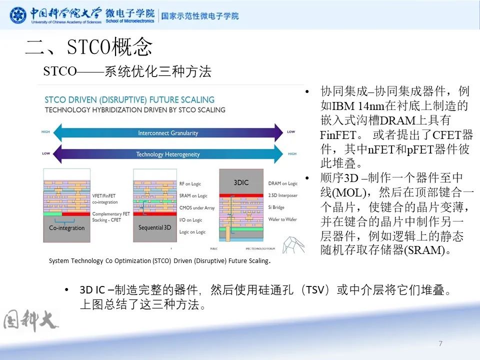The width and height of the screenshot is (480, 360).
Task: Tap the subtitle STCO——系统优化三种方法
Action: (127, 71)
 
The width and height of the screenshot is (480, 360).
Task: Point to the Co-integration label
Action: (66, 228)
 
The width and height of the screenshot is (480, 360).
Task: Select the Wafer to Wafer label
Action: (284, 220)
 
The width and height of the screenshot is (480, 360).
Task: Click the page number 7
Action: (440, 343)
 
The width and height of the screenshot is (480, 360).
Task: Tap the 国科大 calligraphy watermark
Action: (31, 320)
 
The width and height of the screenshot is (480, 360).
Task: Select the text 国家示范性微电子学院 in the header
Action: (200, 15)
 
